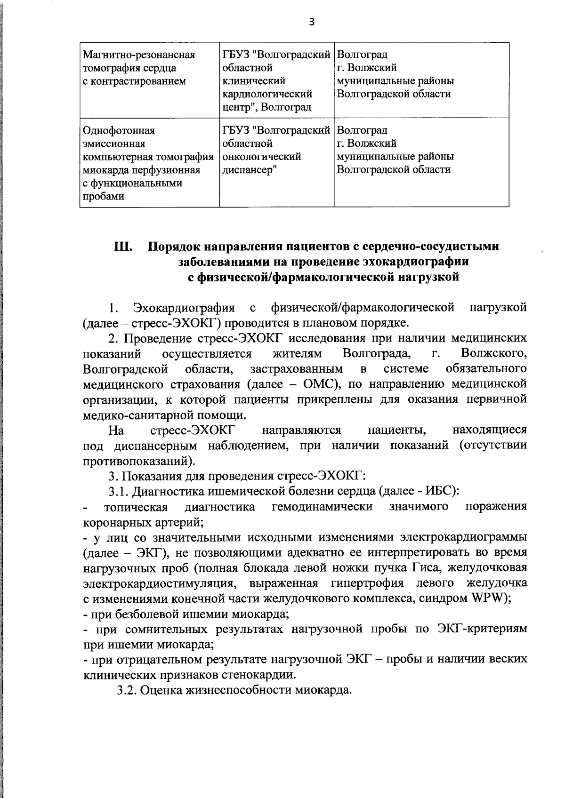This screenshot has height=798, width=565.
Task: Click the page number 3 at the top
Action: (311, 21)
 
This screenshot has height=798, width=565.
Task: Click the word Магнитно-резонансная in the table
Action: (138, 55)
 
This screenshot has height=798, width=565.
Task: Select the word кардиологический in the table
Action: (267, 94)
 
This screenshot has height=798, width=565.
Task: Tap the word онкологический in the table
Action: (261, 156)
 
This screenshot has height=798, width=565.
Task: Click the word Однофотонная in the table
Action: (119, 130)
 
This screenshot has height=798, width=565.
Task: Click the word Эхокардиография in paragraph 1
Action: (184, 308)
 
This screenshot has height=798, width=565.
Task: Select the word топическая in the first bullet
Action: (136, 507)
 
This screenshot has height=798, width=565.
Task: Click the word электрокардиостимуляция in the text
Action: (158, 583)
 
